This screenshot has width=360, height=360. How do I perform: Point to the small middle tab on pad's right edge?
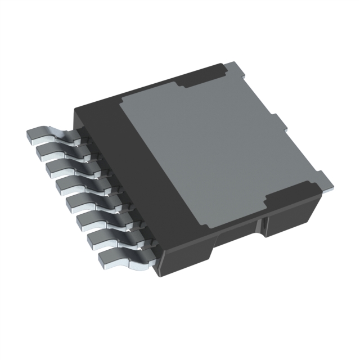pyautogui.click(x=276, y=119)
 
